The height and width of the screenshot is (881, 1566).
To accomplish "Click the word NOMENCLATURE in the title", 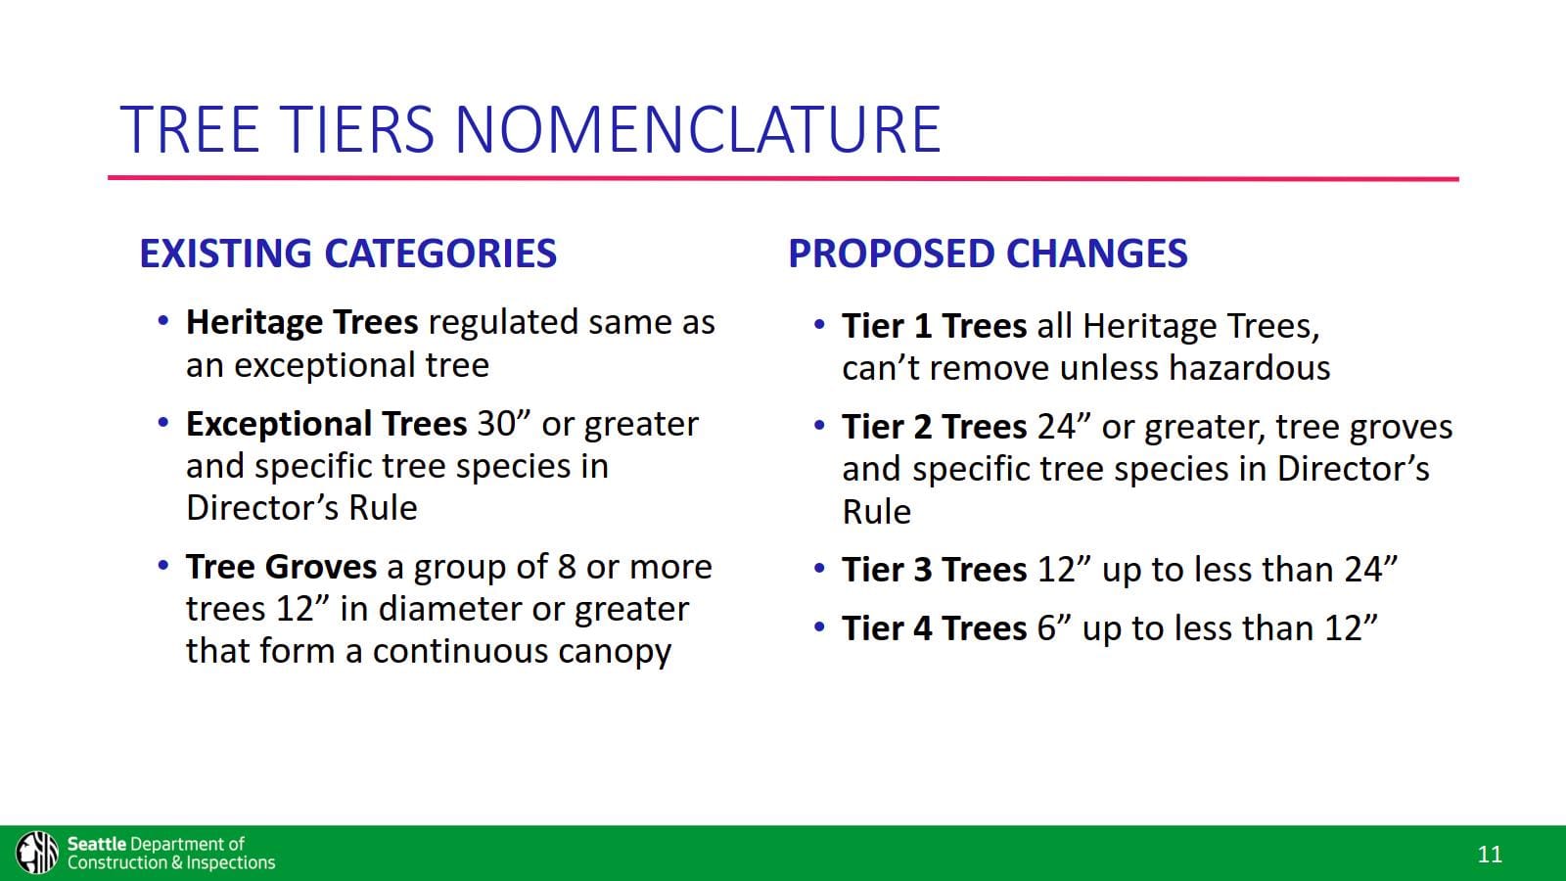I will tap(697, 129).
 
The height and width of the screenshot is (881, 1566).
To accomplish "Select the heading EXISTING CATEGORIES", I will tap(347, 254).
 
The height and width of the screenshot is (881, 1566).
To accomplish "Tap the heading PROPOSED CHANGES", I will tap(987, 254).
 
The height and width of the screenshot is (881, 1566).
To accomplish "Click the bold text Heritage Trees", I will tap(301, 322).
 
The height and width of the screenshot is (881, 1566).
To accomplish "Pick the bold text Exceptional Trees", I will tap(326, 424).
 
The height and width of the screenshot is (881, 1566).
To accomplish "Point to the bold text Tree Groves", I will tap(281, 567).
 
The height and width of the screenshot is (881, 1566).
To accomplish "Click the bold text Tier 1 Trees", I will tap(934, 326).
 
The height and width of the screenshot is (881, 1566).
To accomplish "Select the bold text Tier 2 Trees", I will tap(934, 427).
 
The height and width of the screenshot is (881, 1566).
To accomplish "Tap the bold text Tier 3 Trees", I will tap(934, 570).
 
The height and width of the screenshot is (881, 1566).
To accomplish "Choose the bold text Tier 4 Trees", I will tap(934, 628).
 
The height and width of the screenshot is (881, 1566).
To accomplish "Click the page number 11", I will tap(1489, 855).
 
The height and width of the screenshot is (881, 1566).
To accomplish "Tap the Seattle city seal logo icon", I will tap(37, 852).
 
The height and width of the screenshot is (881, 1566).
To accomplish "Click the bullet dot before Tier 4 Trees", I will tap(819, 626).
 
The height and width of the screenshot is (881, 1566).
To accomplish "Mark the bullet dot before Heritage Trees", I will tap(163, 320).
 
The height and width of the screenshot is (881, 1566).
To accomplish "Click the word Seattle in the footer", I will tap(97, 844).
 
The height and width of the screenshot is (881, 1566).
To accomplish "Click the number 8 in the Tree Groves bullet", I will tap(567, 567).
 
